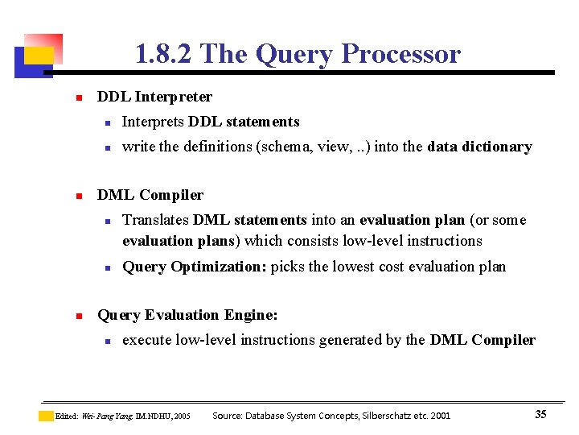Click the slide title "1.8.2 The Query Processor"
(x=298, y=54)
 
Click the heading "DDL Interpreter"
(x=154, y=97)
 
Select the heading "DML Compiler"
(x=150, y=195)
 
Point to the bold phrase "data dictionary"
(x=479, y=147)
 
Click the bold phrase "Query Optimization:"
(x=195, y=267)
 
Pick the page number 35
(x=540, y=414)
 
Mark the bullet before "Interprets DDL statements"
(x=105, y=122)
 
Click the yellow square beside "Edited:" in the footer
(x=46, y=416)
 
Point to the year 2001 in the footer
(x=440, y=416)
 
